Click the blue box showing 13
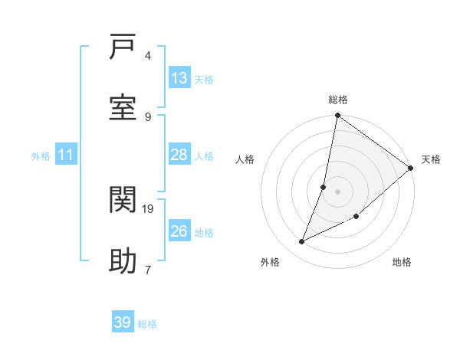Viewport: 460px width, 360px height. (x=179, y=78)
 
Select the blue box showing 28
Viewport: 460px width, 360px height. (x=179, y=155)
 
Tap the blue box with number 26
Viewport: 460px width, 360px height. (x=179, y=231)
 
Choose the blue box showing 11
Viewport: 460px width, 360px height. (x=66, y=155)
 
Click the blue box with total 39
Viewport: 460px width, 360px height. (x=123, y=322)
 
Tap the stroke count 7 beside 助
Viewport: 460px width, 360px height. (x=147, y=270)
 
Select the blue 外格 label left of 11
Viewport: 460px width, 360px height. (x=41, y=155)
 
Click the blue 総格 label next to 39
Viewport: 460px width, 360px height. (x=147, y=324)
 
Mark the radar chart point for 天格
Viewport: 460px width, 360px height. (x=411, y=169)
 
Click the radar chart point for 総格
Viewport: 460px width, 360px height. (x=337, y=116)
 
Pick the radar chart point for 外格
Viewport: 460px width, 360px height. (x=302, y=242)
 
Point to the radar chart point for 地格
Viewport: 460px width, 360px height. (x=356, y=216)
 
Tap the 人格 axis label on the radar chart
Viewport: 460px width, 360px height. (x=245, y=159)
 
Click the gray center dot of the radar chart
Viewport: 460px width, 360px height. (x=337, y=191)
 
